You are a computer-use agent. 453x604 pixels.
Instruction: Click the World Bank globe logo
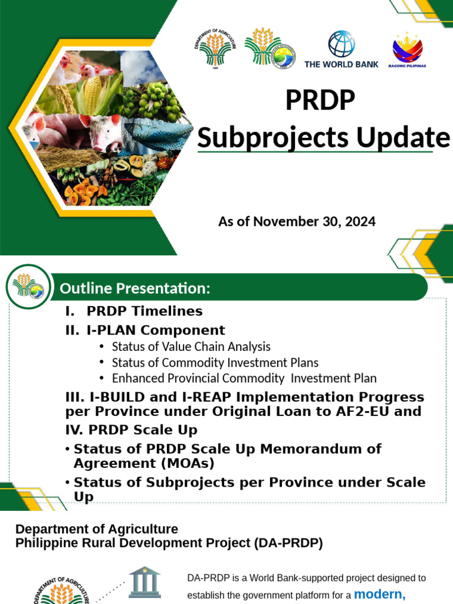[341, 44]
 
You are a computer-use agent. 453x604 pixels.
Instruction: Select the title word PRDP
[320, 100]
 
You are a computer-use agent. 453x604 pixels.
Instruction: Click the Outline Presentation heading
[135, 289]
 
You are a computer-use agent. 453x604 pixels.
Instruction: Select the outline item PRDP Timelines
[145, 311]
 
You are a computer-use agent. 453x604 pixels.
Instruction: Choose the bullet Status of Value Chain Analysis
[191, 347]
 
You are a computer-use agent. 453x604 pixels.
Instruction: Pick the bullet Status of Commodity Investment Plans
[215, 363]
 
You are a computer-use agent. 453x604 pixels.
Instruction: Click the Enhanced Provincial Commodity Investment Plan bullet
[244, 378]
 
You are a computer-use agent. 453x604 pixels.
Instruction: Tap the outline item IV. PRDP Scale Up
[131, 429]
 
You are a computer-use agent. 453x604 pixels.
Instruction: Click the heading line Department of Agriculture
[96, 529]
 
